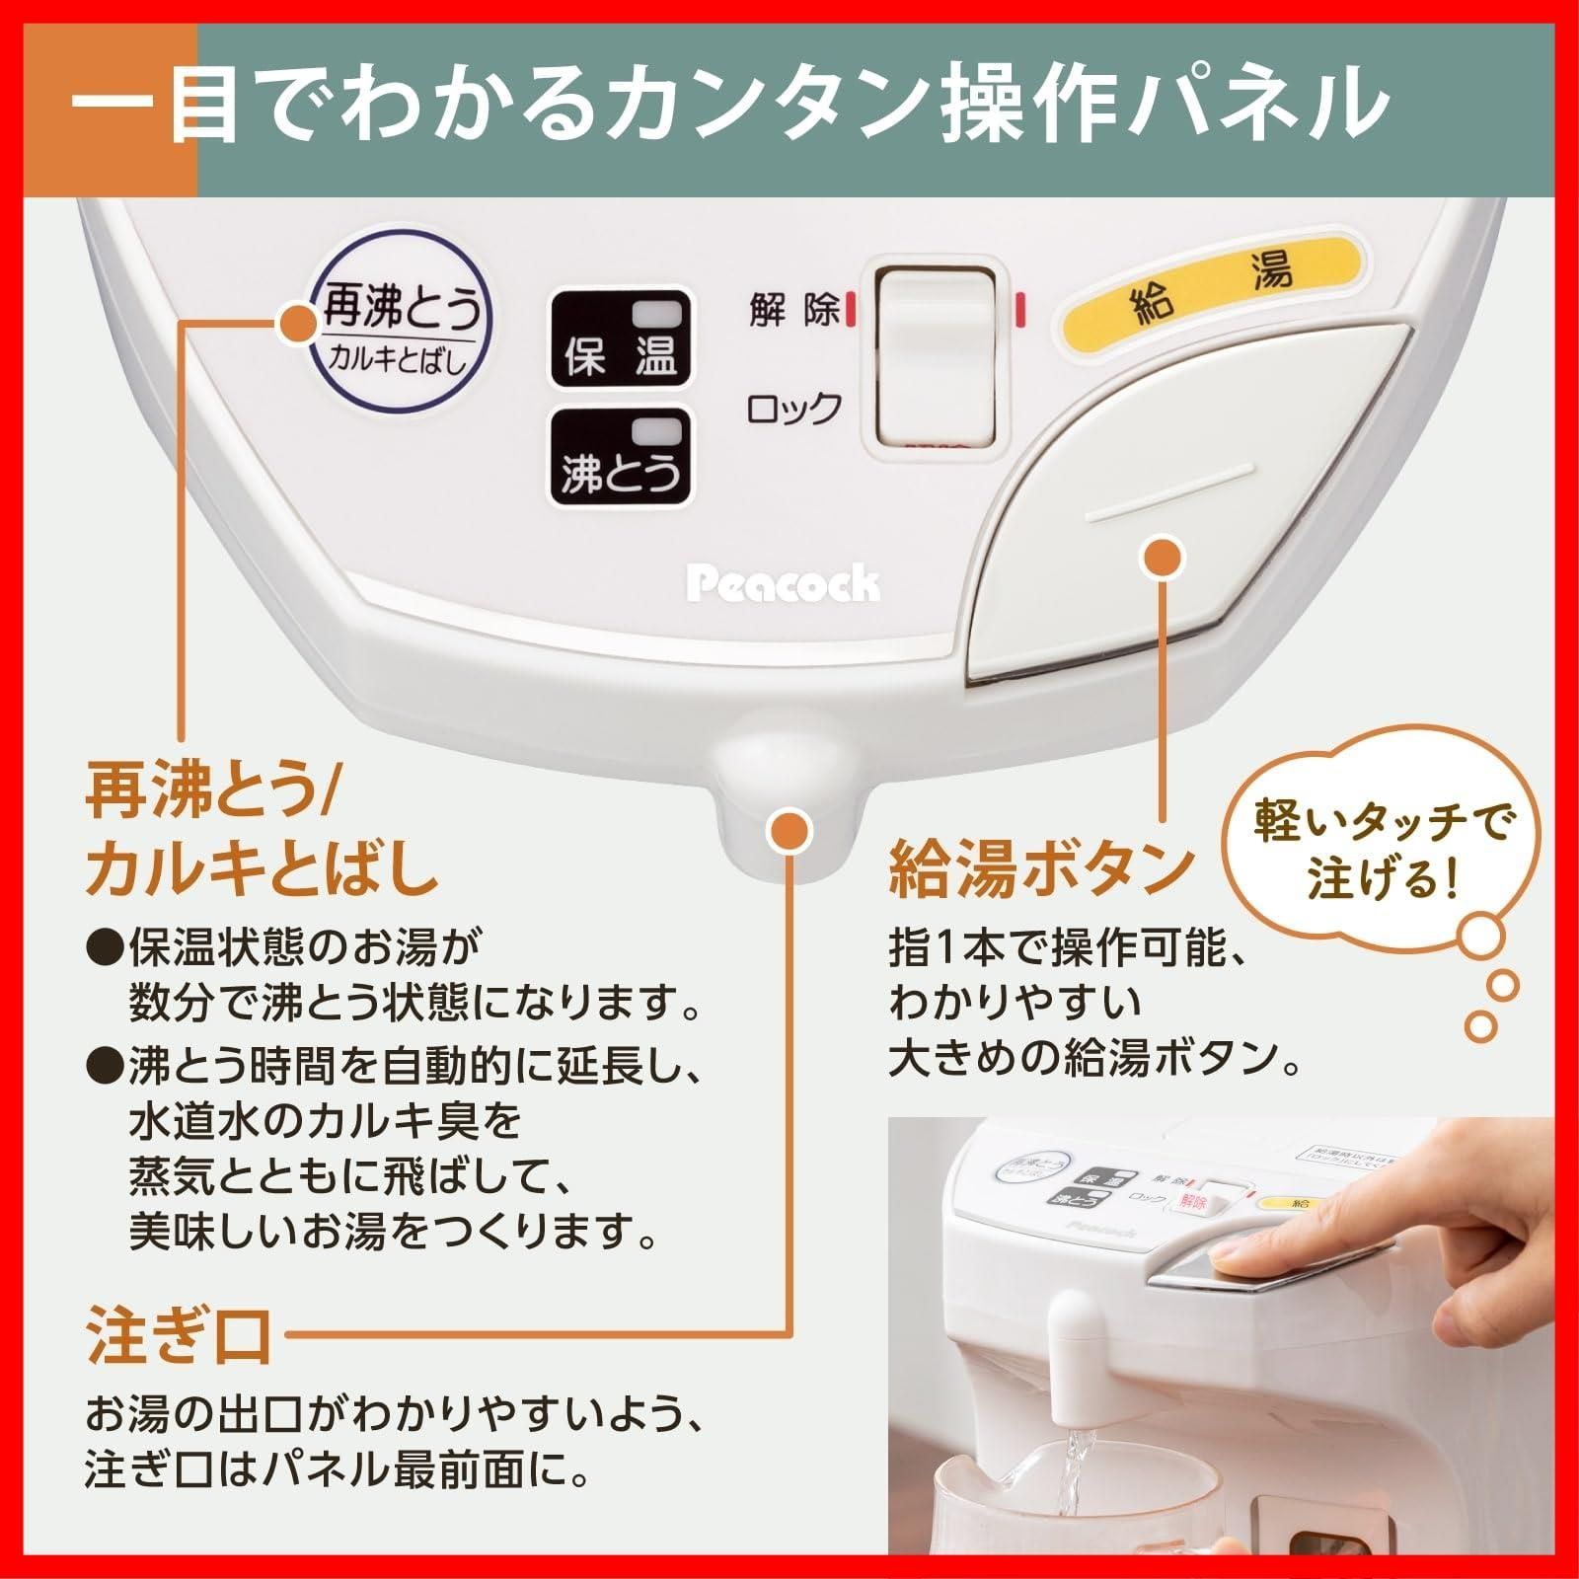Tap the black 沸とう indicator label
click(620, 457)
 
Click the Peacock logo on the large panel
click(782, 584)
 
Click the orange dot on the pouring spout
click(790, 831)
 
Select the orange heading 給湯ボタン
click(1042, 868)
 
